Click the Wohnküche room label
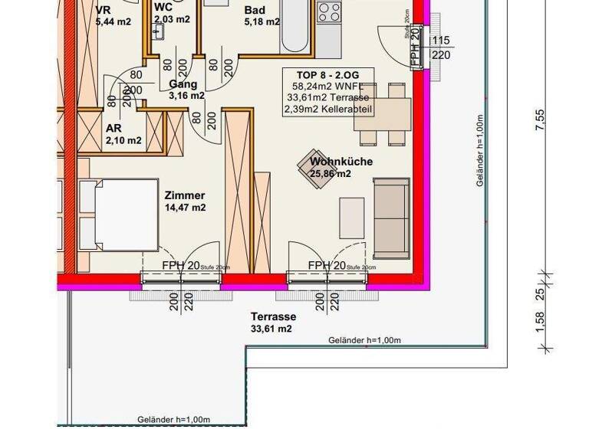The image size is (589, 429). (341, 162)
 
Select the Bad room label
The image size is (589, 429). (255, 11)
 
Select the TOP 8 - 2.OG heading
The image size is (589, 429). (328, 74)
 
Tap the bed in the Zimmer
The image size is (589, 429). (123, 215)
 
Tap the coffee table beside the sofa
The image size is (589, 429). (351, 218)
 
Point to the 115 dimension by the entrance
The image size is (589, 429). (441, 41)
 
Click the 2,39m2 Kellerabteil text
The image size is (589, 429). (328, 109)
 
